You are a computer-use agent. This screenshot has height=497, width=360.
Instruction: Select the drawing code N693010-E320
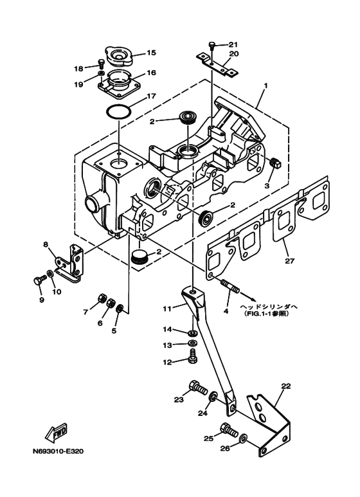pos(58,451)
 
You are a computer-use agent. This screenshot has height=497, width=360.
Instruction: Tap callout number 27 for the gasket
pos(290,261)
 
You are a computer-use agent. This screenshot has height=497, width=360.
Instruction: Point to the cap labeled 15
pos(118,57)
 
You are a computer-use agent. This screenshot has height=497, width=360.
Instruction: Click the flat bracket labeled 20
pos(217,65)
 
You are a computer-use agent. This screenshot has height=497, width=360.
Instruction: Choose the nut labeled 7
pos(102,298)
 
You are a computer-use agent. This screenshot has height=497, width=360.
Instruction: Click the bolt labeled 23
pos(197,387)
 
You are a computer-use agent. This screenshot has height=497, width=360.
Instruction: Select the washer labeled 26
pos(244,438)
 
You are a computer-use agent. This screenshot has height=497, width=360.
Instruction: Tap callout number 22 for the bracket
pos(286,386)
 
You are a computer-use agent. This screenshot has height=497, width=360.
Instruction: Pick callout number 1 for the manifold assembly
pos(266,86)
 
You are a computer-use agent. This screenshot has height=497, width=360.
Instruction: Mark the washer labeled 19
pos(101,74)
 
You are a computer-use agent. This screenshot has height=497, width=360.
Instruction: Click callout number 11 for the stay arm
pos(167,308)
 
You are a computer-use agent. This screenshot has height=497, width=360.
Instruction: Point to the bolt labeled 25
pos(229,429)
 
